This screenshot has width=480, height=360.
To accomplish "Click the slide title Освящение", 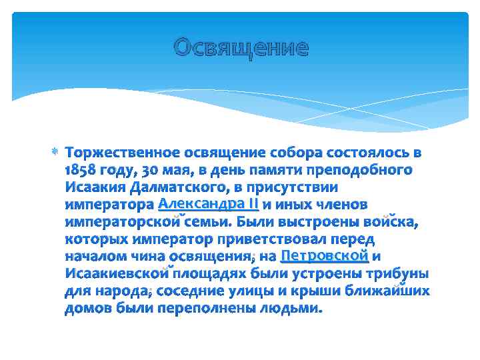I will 241,48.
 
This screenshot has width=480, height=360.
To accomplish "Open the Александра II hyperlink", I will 209,203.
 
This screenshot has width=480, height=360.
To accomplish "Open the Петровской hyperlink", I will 325,255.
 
